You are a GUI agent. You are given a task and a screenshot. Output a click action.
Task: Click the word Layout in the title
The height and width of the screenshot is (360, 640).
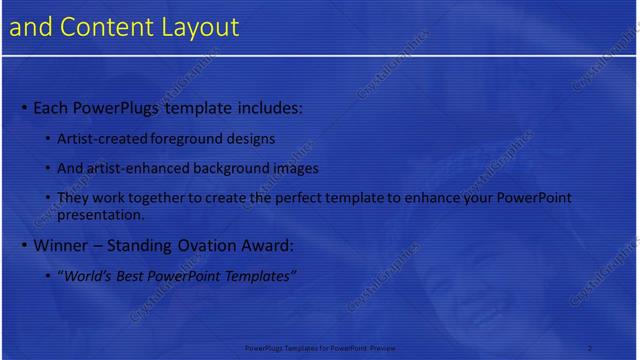point(202,27)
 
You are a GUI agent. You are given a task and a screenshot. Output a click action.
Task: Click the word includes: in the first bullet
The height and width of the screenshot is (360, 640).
point(261,106)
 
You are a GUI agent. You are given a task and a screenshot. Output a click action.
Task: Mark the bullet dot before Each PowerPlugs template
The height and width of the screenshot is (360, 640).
point(24,107)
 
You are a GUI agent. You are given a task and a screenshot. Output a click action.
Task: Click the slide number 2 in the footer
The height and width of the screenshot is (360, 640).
point(590,347)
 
